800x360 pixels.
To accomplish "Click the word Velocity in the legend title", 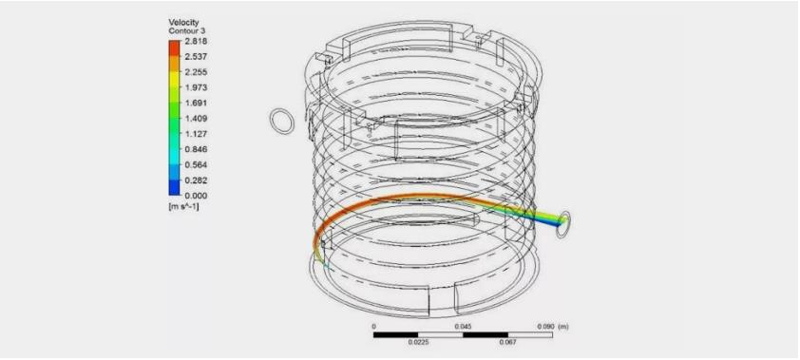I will [x=182, y=22].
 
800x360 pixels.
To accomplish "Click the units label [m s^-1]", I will [x=183, y=207].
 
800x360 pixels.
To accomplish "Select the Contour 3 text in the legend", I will [x=185, y=30].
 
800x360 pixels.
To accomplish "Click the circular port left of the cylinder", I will [x=282, y=121].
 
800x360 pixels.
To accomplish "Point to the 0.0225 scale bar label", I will [x=418, y=342].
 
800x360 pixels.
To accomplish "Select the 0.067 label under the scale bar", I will [x=508, y=342].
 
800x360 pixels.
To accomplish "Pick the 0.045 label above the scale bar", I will [x=464, y=325].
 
